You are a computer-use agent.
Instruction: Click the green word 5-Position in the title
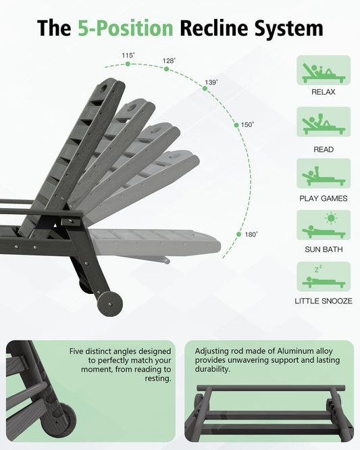click(x=126, y=28)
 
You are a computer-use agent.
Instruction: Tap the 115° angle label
click(x=128, y=55)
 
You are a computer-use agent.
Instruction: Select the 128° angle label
click(x=169, y=61)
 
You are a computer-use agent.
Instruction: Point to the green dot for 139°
click(x=205, y=89)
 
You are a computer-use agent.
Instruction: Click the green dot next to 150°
click(x=236, y=125)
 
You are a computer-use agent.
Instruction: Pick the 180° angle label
click(x=251, y=234)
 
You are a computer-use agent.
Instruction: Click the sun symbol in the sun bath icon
click(x=332, y=218)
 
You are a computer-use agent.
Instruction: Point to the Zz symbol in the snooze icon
click(x=318, y=269)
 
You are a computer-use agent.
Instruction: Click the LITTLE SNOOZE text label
click(x=324, y=301)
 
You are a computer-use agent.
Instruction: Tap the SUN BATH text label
click(x=324, y=249)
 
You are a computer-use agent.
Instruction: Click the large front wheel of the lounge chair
click(x=110, y=303)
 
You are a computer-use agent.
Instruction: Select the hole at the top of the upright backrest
click(x=103, y=89)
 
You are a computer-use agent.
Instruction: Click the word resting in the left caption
click(x=158, y=378)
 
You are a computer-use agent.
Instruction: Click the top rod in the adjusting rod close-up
click(x=271, y=388)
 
